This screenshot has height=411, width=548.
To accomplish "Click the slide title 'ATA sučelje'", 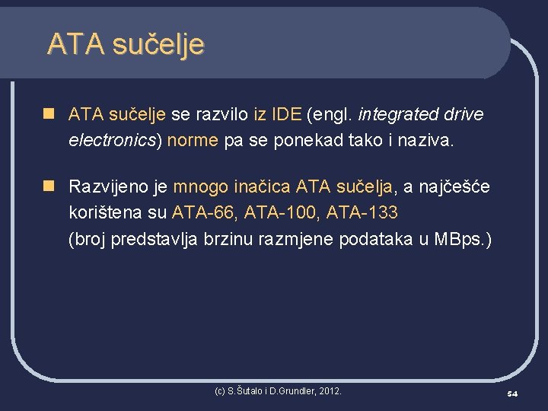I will click(126, 44).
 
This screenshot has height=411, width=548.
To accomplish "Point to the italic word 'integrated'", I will click(397, 115).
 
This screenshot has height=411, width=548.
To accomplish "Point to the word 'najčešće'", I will click(460, 186).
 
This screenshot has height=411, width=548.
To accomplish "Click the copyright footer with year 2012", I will click(278, 390).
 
